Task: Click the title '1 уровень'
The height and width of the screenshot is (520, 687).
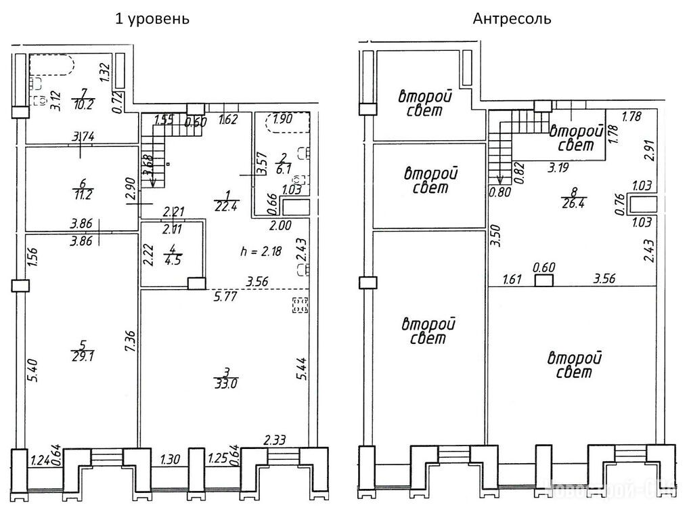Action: pyautogui.click(x=153, y=19)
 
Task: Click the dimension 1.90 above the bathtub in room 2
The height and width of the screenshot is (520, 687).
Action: pyautogui.click(x=285, y=118)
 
